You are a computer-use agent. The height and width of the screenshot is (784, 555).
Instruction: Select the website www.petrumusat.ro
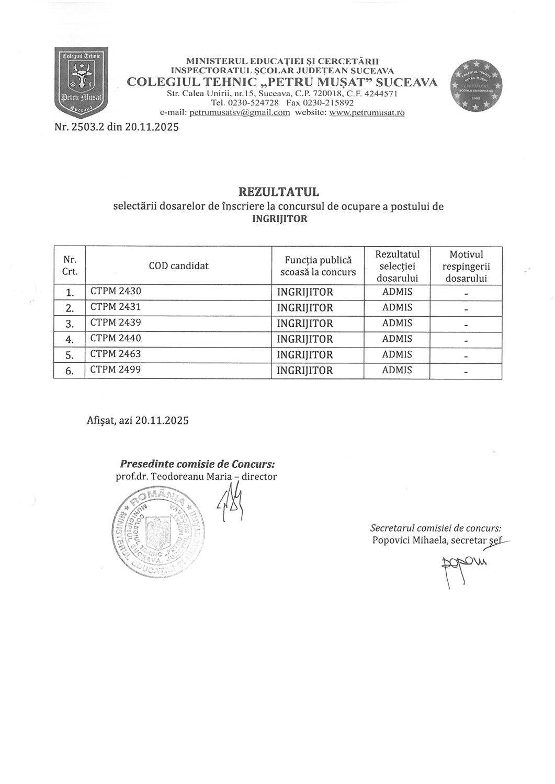(367, 113)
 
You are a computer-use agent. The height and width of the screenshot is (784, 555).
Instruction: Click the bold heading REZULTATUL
(279, 192)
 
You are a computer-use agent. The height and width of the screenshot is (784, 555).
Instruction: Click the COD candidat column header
(178, 266)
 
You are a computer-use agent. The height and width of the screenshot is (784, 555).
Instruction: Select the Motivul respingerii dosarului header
(466, 266)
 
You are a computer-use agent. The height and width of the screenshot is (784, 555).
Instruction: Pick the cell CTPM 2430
(116, 291)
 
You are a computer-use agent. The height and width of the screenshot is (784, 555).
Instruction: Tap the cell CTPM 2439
(116, 322)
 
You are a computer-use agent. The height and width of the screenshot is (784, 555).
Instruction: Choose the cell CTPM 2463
(116, 354)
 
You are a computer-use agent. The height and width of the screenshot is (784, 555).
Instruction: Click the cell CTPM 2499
(116, 370)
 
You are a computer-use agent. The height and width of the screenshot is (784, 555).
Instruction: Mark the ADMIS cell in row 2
(397, 307)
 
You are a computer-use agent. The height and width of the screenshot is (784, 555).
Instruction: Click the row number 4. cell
(70, 339)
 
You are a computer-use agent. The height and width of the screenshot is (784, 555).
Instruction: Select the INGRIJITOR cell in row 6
(305, 371)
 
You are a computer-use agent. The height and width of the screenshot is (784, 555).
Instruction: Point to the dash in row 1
(466, 294)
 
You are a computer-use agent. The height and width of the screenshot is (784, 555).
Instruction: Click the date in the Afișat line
(162, 420)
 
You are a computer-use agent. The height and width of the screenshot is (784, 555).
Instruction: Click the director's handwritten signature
(231, 501)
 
